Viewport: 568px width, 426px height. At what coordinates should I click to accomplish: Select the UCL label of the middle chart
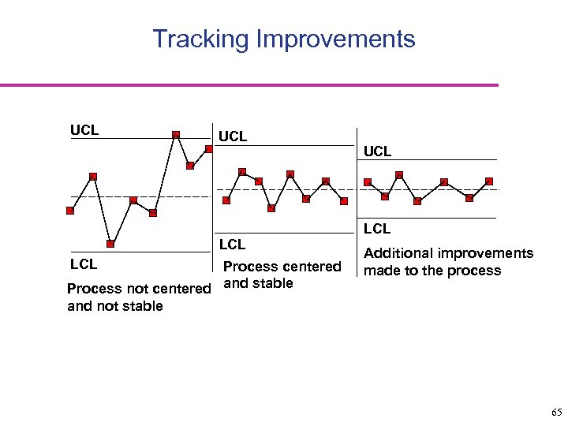(x=233, y=136)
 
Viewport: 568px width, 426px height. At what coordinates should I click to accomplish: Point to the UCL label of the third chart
(x=377, y=151)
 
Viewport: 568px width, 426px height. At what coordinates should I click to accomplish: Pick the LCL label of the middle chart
(x=232, y=245)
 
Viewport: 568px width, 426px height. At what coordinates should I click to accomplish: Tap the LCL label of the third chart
(x=377, y=229)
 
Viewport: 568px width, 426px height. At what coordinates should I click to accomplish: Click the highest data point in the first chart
(x=176, y=134)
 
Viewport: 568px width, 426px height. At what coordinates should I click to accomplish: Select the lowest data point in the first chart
(x=110, y=244)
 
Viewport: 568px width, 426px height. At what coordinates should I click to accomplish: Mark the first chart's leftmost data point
(x=70, y=211)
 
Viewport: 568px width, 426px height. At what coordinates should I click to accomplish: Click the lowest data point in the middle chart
(x=271, y=208)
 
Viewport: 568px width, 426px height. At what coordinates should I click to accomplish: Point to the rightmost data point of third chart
(x=489, y=181)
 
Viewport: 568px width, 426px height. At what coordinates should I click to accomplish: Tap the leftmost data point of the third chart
(x=368, y=182)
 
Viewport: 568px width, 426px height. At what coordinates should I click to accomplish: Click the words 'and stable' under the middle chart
(x=259, y=283)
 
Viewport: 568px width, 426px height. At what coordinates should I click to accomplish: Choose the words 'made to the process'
(x=432, y=271)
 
